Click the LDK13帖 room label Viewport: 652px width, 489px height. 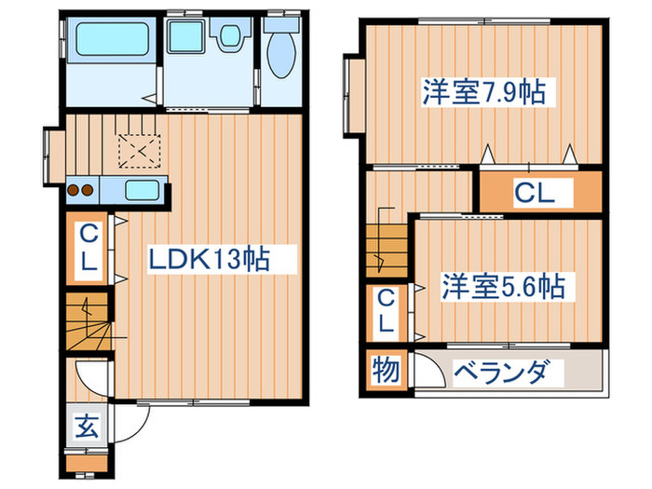[211, 259]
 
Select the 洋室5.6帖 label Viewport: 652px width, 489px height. [503, 286]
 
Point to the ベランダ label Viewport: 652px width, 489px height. [510, 373]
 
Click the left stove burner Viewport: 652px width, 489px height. [74, 191]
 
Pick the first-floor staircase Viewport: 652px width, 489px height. [87, 321]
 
